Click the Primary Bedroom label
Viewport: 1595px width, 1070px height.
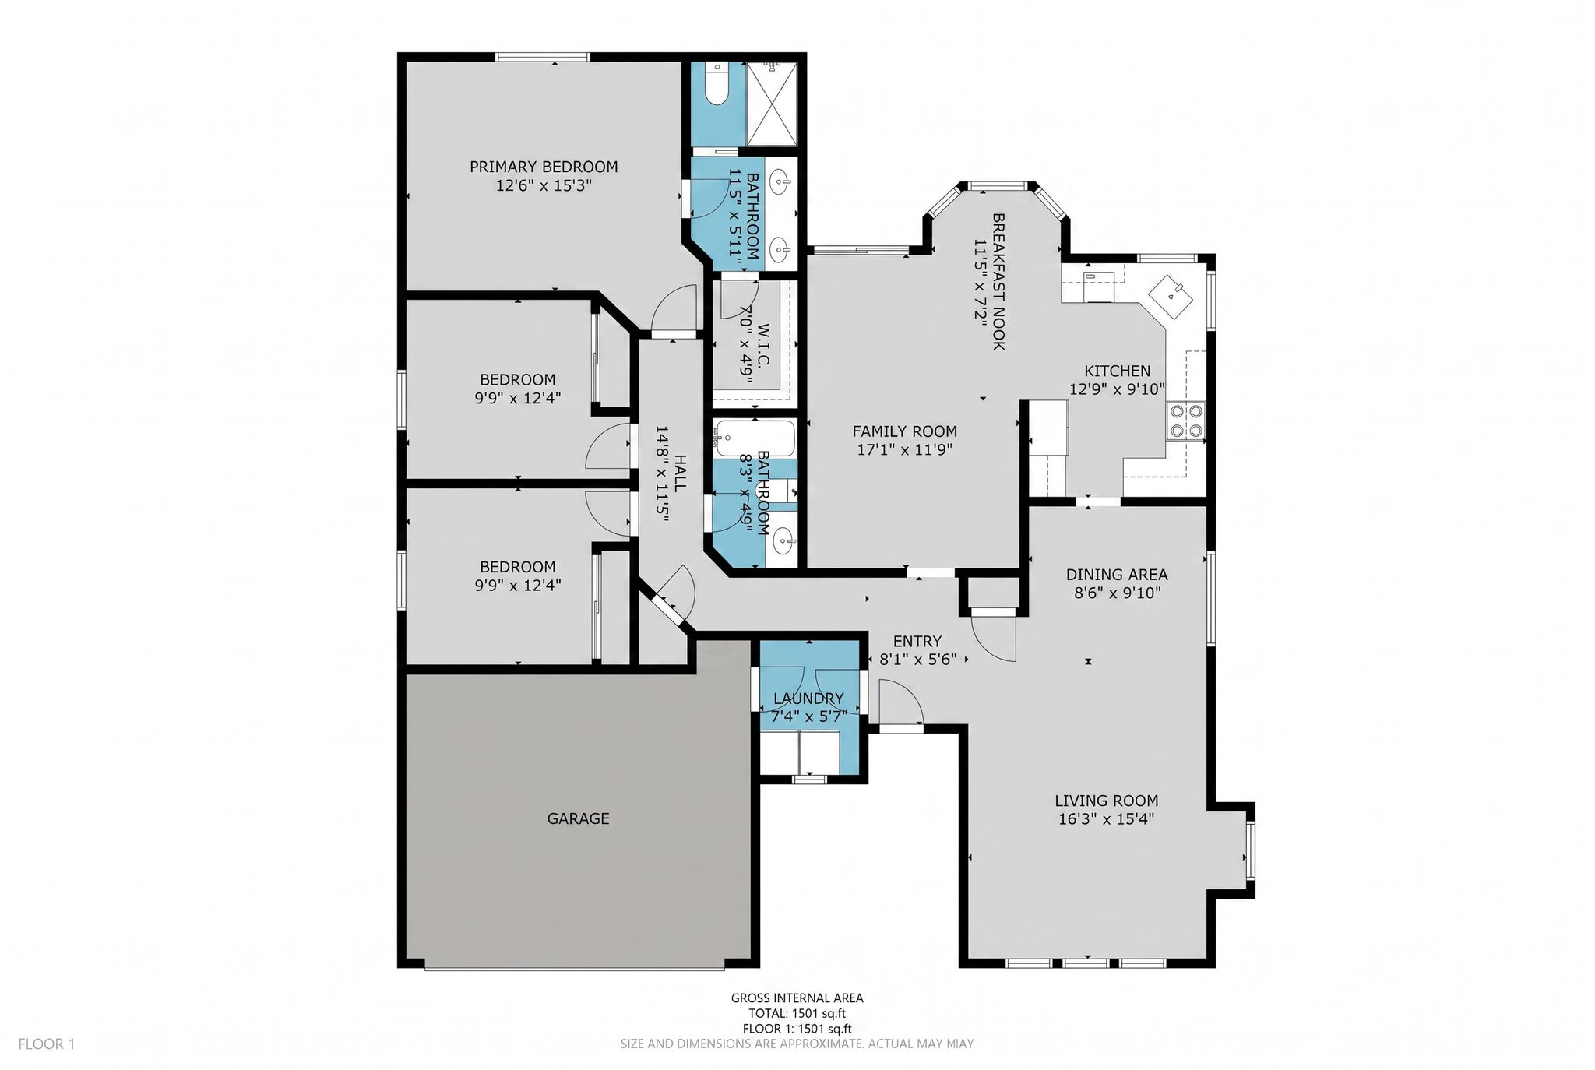544,167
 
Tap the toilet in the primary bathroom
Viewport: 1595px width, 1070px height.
716,83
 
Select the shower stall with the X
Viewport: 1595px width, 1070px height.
772,104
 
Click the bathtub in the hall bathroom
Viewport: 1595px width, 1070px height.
755,439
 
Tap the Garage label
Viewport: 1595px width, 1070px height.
578,818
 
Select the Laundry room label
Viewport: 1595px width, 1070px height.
808,699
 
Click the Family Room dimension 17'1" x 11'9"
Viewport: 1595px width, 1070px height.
904,450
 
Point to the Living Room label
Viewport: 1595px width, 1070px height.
1107,801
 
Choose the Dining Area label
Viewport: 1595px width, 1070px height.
1117,575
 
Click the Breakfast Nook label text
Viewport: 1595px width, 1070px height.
998,282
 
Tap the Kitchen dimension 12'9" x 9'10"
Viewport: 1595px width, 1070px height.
1117,389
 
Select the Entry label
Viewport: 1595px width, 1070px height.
917,642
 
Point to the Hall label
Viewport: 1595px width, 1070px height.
680,473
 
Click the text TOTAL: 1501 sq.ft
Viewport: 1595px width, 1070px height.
797,1013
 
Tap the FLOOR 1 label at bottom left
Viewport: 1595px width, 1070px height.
47,1044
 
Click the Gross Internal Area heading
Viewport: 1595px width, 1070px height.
797,998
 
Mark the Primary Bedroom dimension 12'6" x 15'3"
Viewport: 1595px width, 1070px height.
544,186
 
